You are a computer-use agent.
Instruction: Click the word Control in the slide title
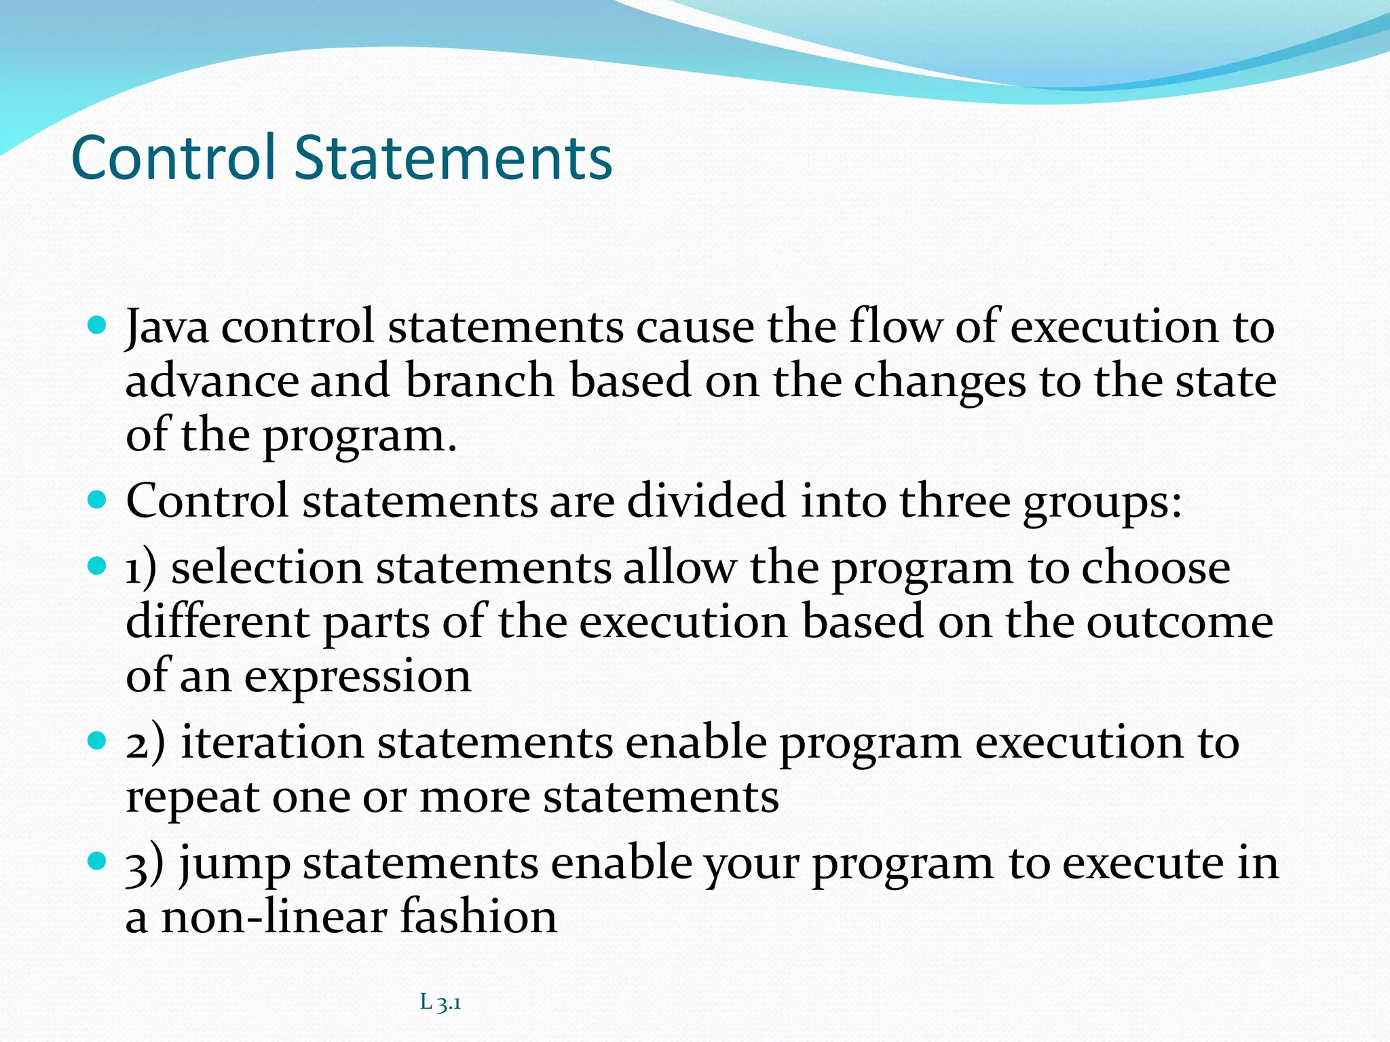(x=174, y=157)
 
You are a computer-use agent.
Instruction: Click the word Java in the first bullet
(x=167, y=327)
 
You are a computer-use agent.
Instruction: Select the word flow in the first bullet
(x=895, y=327)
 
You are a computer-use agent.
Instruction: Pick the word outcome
(x=1180, y=622)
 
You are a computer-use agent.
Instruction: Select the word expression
(x=357, y=678)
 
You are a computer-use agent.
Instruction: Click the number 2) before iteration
(x=145, y=743)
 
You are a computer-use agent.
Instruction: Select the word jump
(x=235, y=866)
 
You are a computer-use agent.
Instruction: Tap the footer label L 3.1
(x=440, y=1002)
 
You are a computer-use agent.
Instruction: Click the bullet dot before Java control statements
(x=98, y=326)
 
